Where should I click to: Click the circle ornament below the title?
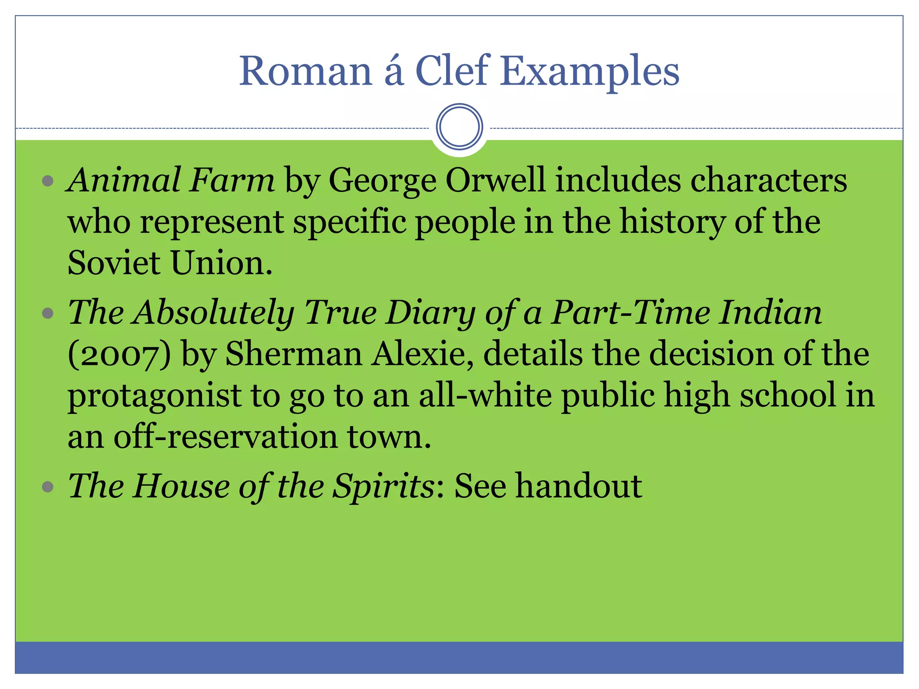(x=459, y=126)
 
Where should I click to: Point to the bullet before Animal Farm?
(x=48, y=181)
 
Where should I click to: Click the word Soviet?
(x=114, y=263)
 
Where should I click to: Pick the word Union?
(x=222, y=263)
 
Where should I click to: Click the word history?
(x=672, y=222)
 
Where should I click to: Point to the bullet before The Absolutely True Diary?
(x=48, y=313)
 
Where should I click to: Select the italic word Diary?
(x=431, y=313)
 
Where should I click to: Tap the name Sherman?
(x=293, y=354)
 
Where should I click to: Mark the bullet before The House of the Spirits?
(x=48, y=487)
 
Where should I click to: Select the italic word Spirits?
(x=384, y=487)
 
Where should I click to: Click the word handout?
(x=578, y=486)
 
